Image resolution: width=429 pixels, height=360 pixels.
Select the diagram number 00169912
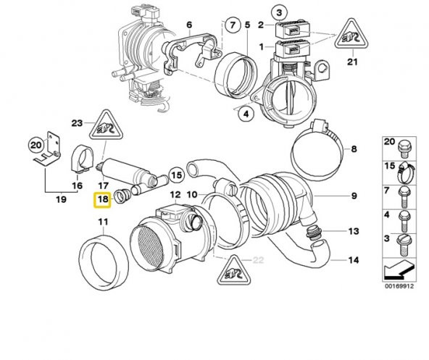point(399,285)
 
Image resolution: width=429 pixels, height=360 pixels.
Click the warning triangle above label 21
point(353,36)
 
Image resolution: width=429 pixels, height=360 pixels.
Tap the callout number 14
point(354,259)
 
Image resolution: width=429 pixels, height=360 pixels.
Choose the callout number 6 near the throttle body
point(189,25)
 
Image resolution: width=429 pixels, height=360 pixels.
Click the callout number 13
point(354,232)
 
